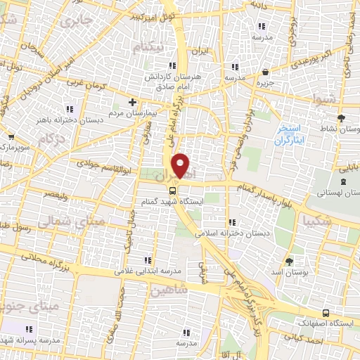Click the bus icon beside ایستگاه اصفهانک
point(324,312)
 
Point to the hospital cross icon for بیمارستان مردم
point(131,103)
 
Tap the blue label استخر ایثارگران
point(288,133)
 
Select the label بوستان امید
point(290,271)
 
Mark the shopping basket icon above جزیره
point(264,72)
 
